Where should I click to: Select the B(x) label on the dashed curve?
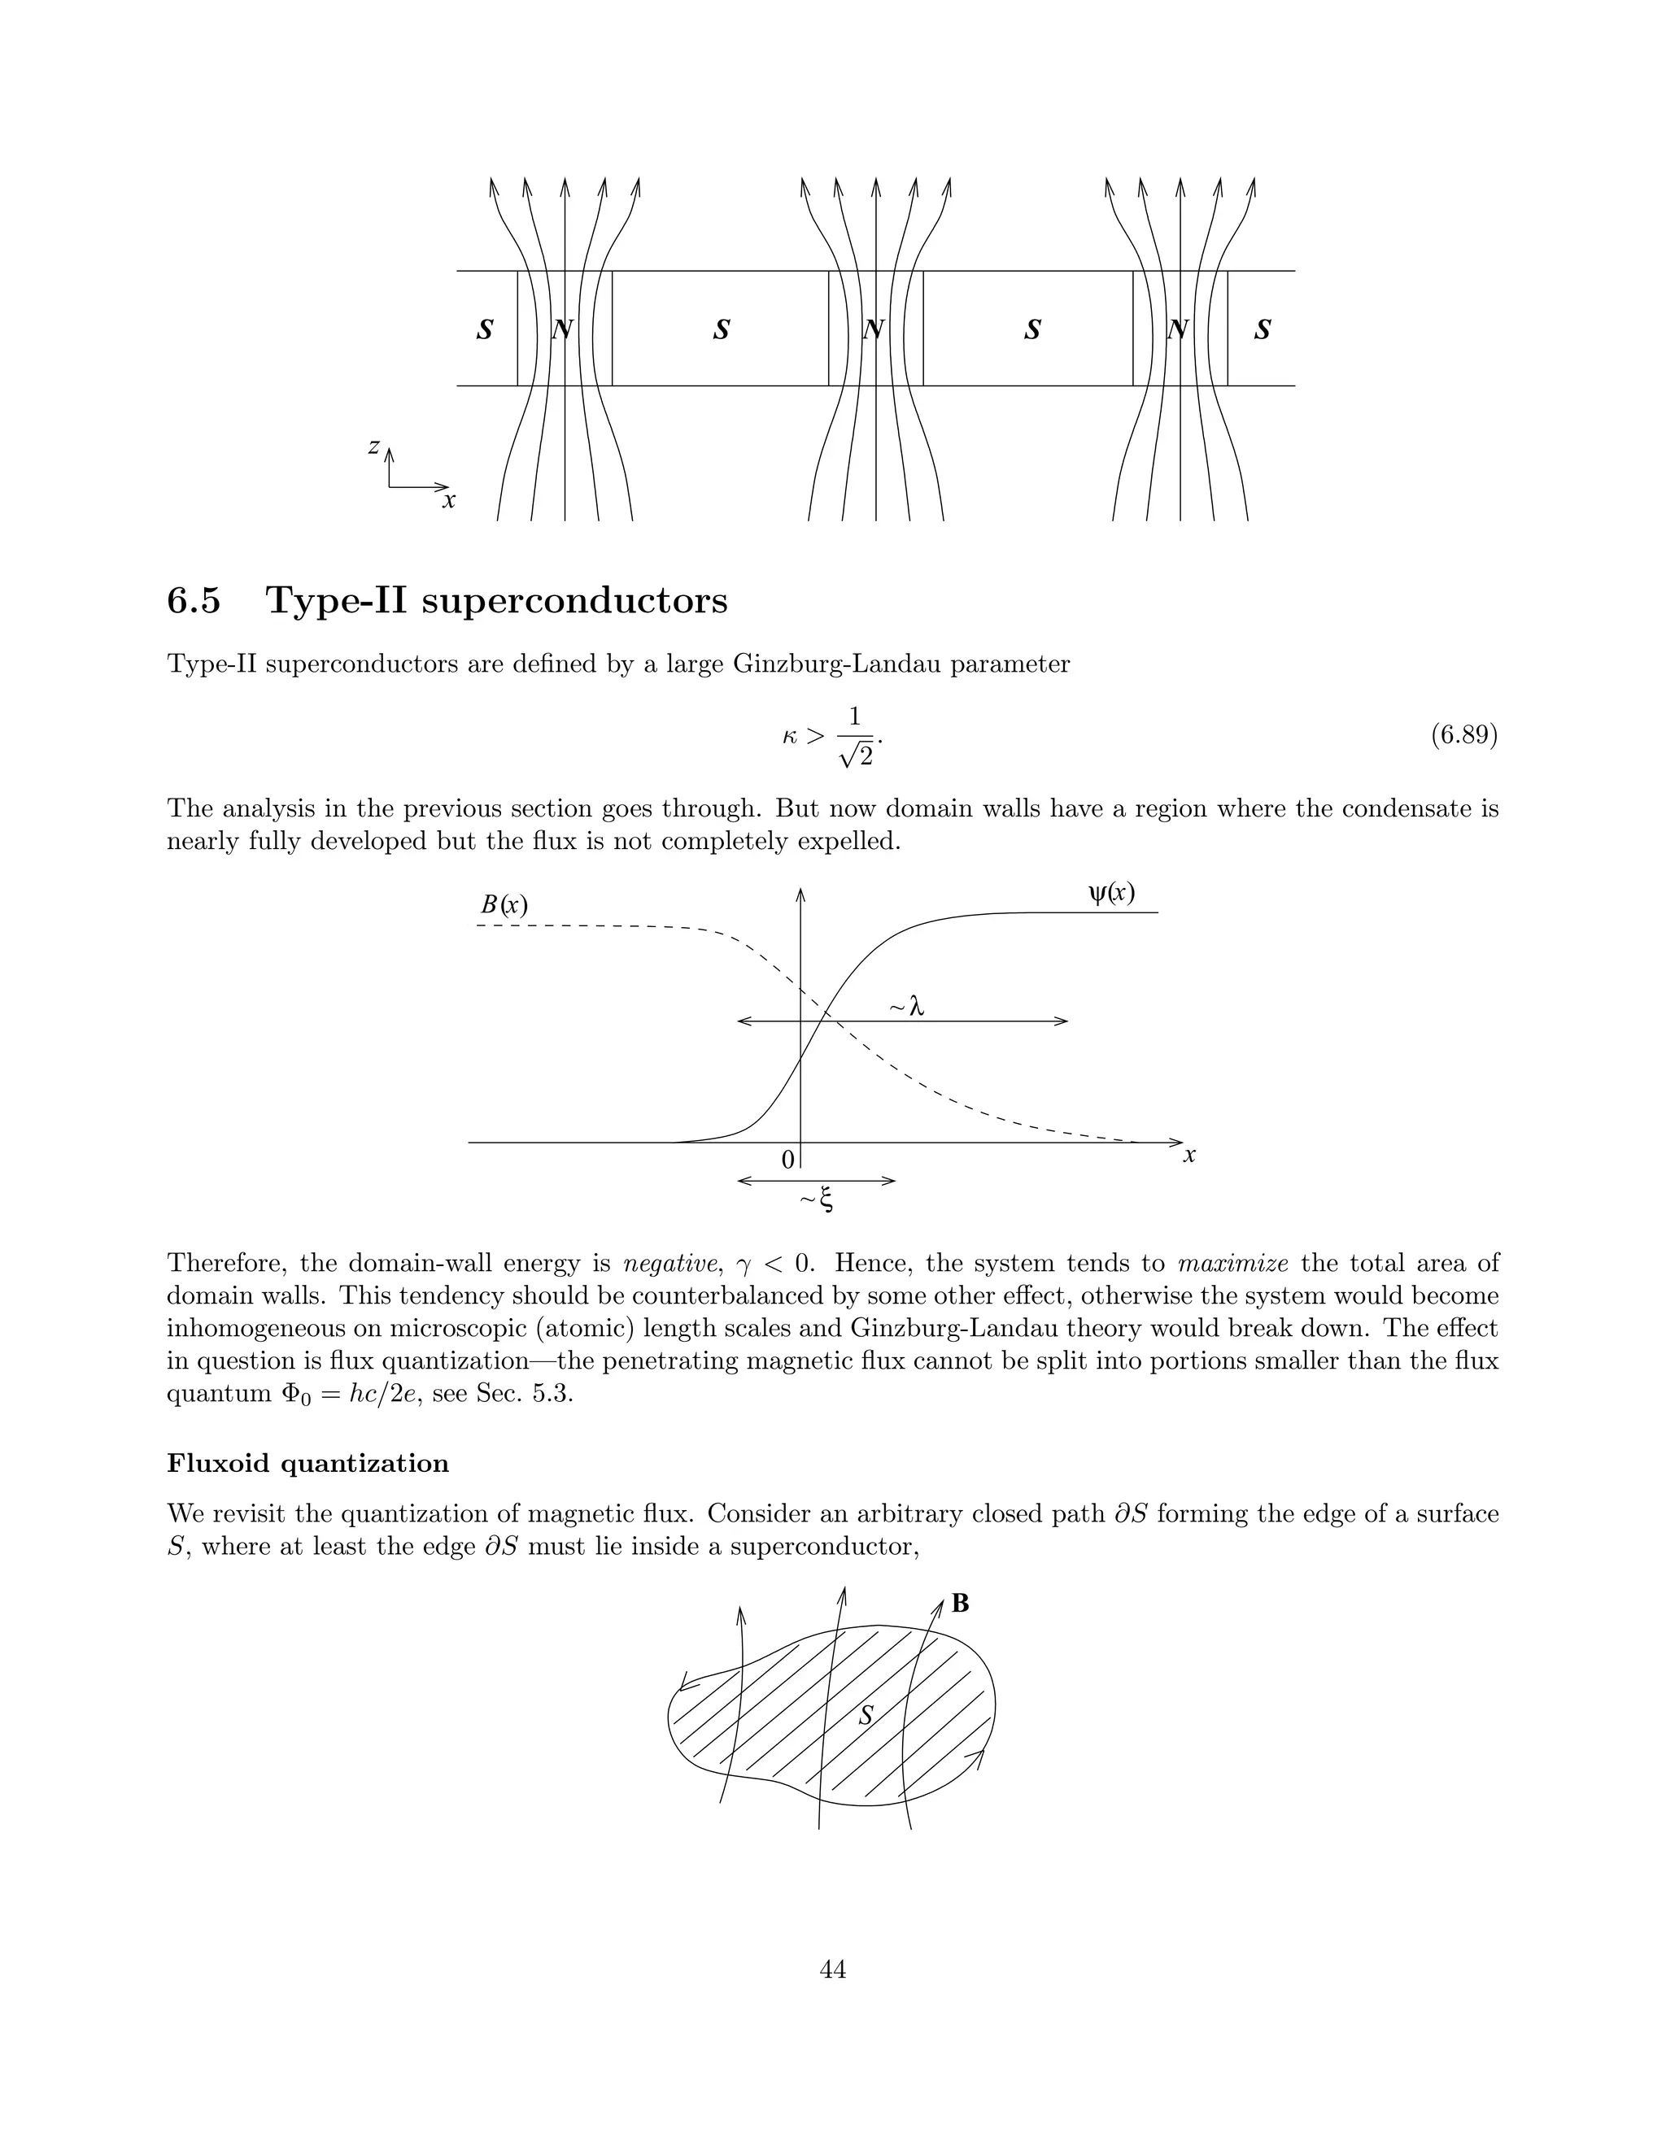[x=504, y=903]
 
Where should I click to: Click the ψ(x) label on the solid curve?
[x=1111, y=893]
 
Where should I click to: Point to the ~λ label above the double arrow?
[x=906, y=1008]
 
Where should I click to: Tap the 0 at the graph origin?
[x=787, y=1160]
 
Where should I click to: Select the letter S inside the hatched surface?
[x=866, y=1716]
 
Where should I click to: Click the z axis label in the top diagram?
[x=373, y=447]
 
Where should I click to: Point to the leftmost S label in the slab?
[x=485, y=329]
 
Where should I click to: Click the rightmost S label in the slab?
[x=1263, y=329]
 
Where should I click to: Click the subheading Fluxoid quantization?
[x=308, y=1463]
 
